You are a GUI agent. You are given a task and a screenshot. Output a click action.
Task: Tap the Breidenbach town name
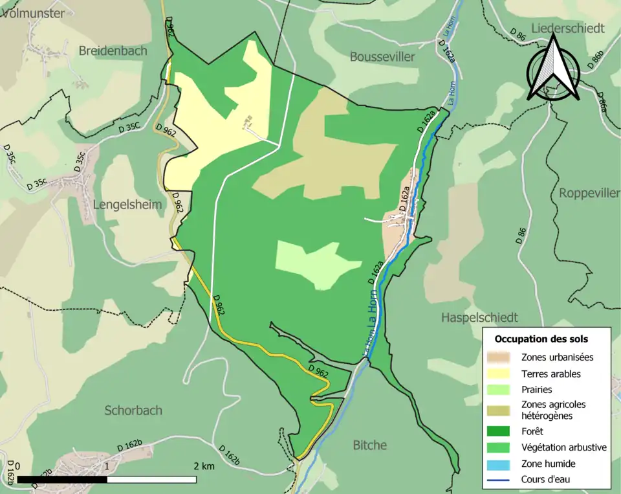pyautogui.click(x=113, y=51)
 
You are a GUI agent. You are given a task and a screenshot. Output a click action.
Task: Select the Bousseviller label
pyautogui.click(x=382, y=57)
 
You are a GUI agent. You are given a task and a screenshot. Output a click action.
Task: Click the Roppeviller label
pyautogui.click(x=589, y=194)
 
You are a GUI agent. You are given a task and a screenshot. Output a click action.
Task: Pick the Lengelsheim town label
pyautogui.click(x=127, y=205)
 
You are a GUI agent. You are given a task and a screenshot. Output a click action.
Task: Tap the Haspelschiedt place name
pyautogui.click(x=479, y=317)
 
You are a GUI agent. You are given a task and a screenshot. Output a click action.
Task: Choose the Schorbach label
pyautogui.click(x=133, y=410)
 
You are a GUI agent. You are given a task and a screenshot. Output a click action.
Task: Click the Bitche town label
pyautogui.click(x=370, y=445)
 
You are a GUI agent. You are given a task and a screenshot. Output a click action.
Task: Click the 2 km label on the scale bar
pyautogui.click(x=203, y=466)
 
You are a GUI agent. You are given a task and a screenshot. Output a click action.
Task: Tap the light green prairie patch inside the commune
pyautogui.click(x=310, y=262)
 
